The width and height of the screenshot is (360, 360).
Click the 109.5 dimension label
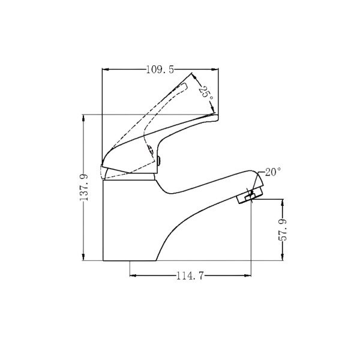160,70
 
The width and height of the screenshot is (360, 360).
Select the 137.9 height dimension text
84,187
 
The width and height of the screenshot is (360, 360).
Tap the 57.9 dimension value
283,230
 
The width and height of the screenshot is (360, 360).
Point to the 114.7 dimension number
190,275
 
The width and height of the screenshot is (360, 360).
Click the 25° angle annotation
206,92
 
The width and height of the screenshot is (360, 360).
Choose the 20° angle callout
273,172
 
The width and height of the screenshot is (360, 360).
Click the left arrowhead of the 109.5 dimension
105,69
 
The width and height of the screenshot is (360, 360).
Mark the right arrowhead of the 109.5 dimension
215,69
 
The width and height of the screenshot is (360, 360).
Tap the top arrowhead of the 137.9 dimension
83,118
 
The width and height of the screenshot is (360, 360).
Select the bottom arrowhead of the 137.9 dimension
83,257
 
